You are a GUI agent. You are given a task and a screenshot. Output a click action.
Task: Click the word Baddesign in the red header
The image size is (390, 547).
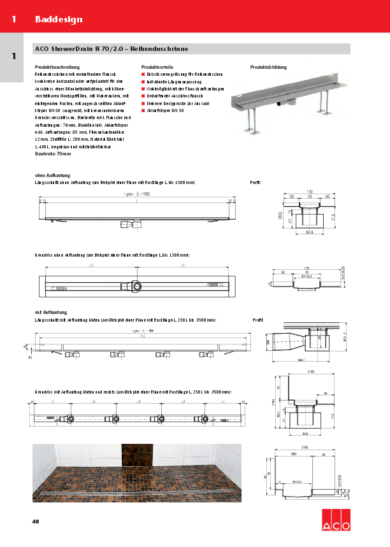point(59,19)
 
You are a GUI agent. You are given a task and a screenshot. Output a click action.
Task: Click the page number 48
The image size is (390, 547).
point(36,522)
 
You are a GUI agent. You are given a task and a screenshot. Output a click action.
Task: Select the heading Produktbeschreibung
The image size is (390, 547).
point(57,67)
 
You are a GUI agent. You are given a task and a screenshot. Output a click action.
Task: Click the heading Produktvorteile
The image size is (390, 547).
point(157,67)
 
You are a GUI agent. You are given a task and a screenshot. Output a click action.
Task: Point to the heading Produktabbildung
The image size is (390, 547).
point(268,67)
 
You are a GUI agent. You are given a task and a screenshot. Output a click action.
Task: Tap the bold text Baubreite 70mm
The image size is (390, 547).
point(52,154)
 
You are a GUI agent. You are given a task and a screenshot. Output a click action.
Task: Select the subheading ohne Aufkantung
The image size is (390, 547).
point(52,175)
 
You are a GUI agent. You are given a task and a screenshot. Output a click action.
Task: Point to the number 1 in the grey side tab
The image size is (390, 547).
point(13,56)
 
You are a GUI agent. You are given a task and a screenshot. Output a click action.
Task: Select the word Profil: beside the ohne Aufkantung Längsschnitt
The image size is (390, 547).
point(256,182)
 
